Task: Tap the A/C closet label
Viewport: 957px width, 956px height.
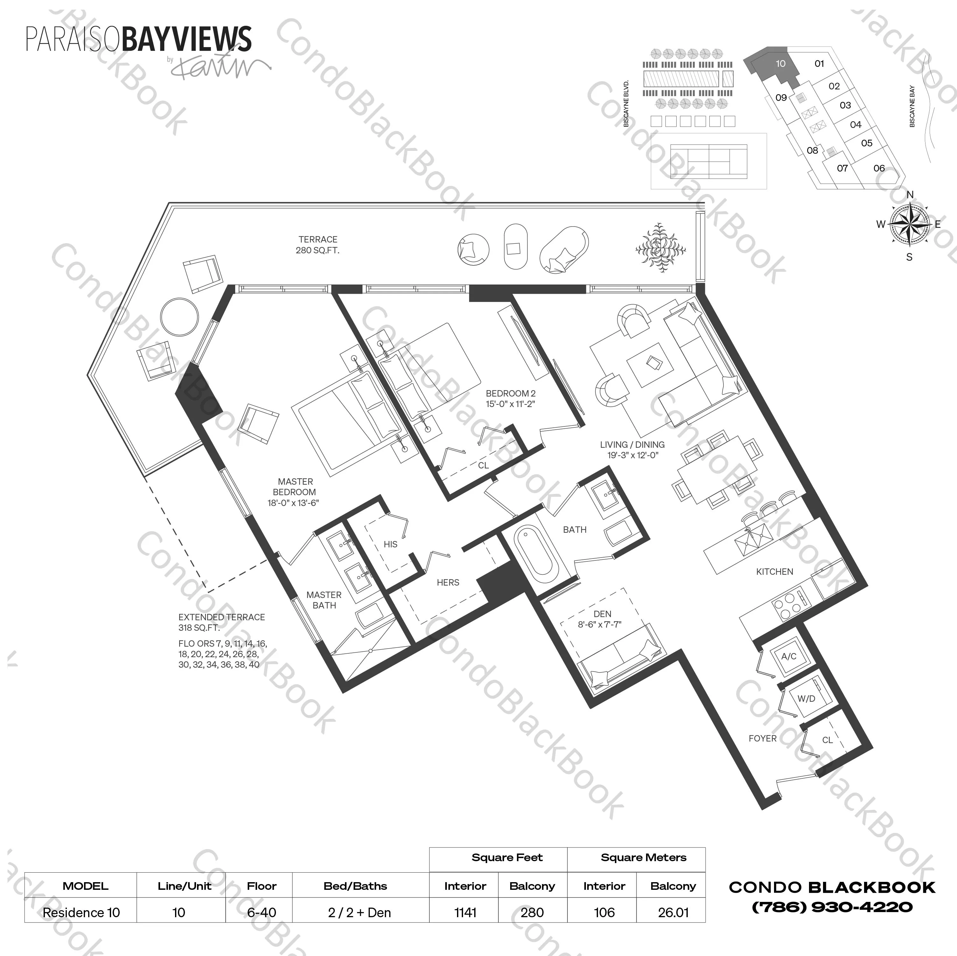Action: [789, 656]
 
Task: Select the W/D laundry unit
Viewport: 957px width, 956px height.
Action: [806, 699]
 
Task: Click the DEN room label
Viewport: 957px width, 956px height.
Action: [602, 614]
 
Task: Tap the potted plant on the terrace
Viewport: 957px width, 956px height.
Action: [660, 248]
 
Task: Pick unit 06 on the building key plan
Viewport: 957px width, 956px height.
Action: [879, 168]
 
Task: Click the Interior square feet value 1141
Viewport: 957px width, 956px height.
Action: [465, 912]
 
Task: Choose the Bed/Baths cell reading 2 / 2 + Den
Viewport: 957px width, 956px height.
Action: [359, 912]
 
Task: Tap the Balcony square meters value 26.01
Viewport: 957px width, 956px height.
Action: [673, 912]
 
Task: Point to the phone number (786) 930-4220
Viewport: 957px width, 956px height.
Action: [832, 907]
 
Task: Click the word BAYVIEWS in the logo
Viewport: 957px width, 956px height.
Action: [186, 40]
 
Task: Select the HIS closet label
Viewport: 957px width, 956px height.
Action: [390, 545]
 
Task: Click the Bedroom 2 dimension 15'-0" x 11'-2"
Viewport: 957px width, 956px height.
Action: [510, 404]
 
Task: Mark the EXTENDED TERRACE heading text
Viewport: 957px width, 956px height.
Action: [222, 617]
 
